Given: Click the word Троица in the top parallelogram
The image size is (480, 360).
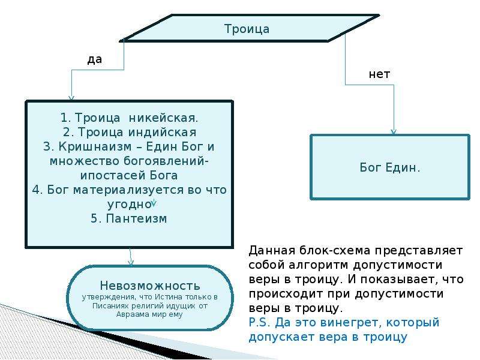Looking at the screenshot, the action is [x=247, y=29].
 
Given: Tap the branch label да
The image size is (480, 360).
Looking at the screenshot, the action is [x=95, y=59].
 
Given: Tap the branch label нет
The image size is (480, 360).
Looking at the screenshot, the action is [x=379, y=74].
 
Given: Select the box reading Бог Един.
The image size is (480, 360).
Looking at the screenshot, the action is [x=390, y=167].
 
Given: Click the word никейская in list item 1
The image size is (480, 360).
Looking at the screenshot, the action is [x=163, y=118].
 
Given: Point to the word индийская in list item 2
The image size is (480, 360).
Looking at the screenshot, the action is [x=162, y=132].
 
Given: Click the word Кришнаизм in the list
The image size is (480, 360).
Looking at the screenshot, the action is [x=95, y=146].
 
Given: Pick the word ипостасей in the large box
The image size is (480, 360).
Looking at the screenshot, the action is [x=113, y=175].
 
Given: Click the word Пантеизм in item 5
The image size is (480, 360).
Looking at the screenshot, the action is [x=136, y=218].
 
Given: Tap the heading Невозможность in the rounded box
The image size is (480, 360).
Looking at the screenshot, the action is [x=150, y=286].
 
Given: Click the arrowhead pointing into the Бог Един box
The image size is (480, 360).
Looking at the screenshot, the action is [x=394, y=131].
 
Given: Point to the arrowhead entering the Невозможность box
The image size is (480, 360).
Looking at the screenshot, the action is [x=131, y=262].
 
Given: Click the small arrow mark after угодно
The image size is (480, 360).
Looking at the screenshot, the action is [x=154, y=202].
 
